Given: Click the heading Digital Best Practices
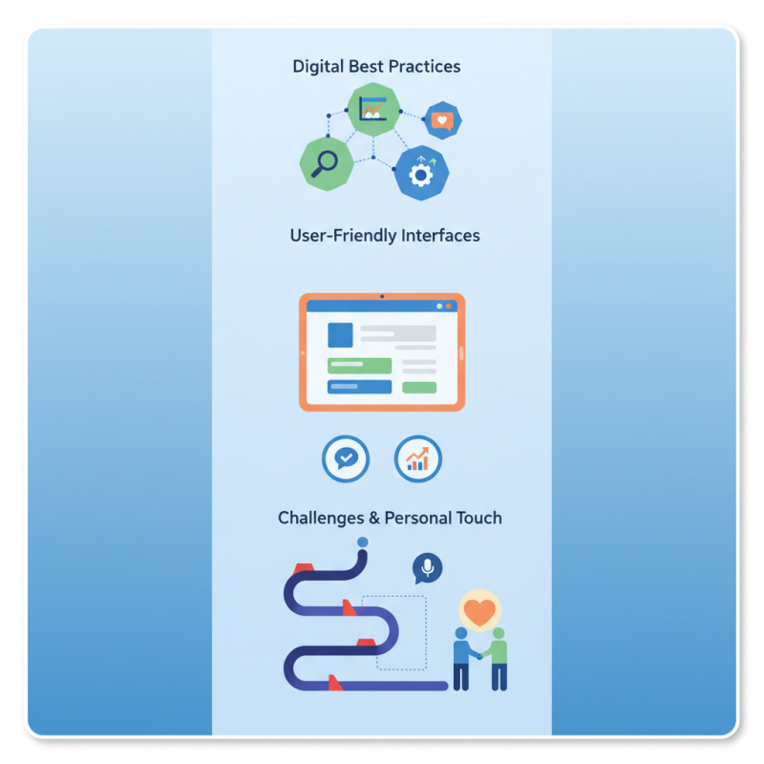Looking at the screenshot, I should tap(376, 67).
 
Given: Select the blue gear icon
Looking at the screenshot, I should tap(421, 173).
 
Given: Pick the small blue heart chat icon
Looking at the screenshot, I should tap(441, 120).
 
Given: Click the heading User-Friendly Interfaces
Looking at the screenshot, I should tap(384, 235).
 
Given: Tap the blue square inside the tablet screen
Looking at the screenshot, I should tap(340, 335).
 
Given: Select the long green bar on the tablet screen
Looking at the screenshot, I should tap(359, 366).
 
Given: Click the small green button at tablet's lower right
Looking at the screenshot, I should tap(419, 388).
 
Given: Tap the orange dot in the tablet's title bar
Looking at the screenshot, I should tap(449, 307).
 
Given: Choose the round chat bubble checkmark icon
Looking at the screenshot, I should tap(346, 459).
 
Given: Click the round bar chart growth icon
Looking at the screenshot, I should tap(418, 459).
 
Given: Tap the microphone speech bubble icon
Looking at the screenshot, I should tap(427, 568).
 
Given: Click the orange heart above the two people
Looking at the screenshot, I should tap(480, 610).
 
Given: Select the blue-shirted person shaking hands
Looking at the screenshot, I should tap(462, 658).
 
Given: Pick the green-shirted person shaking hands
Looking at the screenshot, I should tap(499, 658).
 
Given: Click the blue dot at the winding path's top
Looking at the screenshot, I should tap(362, 542).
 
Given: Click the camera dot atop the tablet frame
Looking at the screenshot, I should tap(382, 297).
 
